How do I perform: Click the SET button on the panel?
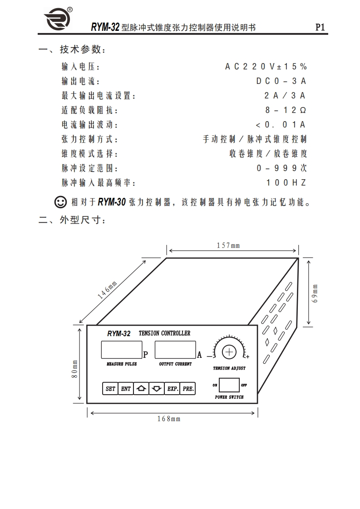click(110, 389)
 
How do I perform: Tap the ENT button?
click(126, 389)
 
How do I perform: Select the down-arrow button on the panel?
click(157, 389)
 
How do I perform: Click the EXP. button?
click(173, 389)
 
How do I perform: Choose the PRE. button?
click(188, 389)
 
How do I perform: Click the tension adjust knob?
click(229, 352)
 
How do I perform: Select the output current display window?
click(175, 350)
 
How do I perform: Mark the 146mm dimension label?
click(108, 290)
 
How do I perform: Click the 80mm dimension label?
click(75, 369)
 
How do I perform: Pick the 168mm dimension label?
click(169, 419)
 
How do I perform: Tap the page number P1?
click(320, 27)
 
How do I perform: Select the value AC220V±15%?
click(266, 67)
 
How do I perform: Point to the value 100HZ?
click(286, 183)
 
